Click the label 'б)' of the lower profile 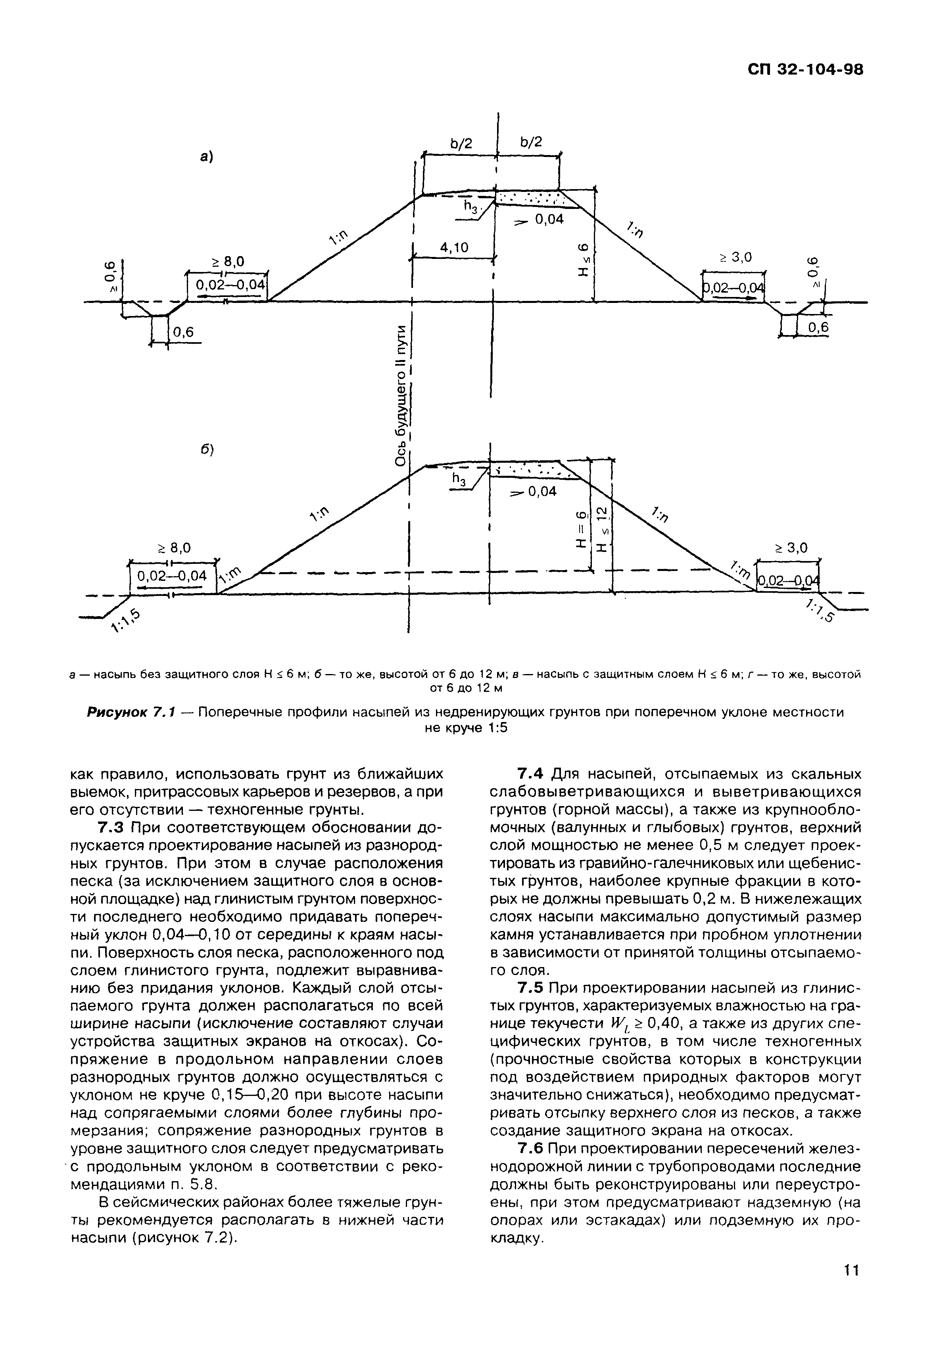206,450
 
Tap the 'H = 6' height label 581,529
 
